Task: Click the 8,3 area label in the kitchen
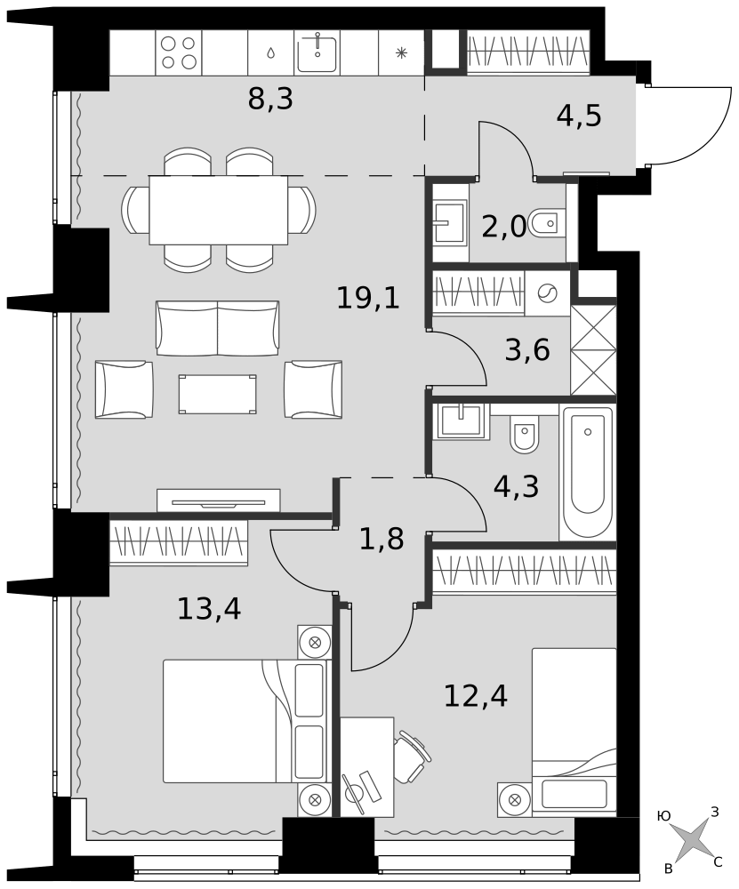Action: [x=270, y=100]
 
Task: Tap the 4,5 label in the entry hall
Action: [x=579, y=116]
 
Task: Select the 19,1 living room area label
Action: [x=368, y=298]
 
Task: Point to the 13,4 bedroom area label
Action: [x=209, y=609]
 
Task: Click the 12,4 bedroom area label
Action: [x=475, y=696]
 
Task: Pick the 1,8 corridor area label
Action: [x=382, y=540]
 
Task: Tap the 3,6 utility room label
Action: [x=527, y=349]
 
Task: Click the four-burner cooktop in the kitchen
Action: [x=178, y=52]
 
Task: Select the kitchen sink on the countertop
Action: [x=317, y=52]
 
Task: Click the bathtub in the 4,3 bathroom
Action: [x=588, y=472]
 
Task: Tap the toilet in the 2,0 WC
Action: [x=546, y=224]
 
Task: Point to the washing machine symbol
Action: [x=547, y=293]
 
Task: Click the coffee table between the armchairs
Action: [x=217, y=394]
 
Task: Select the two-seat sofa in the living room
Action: [x=217, y=328]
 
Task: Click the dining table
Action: [x=219, y=210]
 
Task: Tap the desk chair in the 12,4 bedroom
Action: [x=412, y=757]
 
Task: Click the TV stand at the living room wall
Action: [x=219, y=500]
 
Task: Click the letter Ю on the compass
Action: [x=663, y=816]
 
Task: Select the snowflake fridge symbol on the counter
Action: [x=401, y=53]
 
